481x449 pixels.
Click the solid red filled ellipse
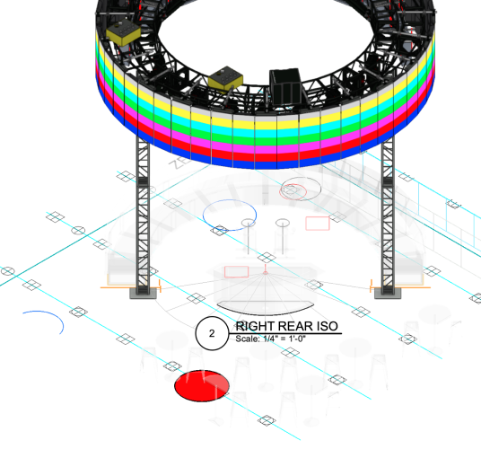(202, 385)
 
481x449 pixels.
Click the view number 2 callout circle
(212, 333)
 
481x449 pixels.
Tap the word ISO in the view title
(328, 326)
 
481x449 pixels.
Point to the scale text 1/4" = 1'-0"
(284, 339)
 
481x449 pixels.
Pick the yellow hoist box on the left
(123, 31)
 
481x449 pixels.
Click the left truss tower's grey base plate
(143, 293)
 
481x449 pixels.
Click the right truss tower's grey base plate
(388, 293)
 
